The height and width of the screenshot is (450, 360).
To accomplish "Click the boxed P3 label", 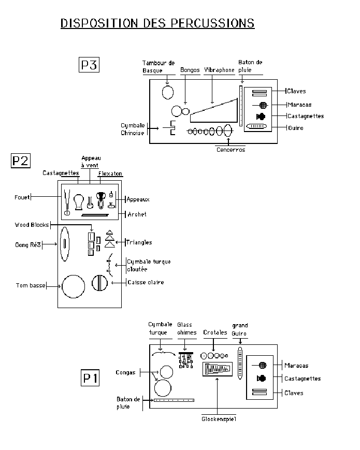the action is click(x=89, y=65).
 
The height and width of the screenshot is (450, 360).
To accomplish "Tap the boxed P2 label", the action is click(x=20, y=161).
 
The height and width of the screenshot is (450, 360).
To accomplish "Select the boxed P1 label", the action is click(x=90, y=378).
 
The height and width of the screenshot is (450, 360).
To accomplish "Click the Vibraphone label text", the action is click(x=219, y=70).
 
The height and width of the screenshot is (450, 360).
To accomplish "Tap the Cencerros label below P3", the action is click(x=231, y=150).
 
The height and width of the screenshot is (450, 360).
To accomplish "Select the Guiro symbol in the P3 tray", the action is click(x=256, y=126).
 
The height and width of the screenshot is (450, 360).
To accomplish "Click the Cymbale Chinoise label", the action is click(x=132, y=129).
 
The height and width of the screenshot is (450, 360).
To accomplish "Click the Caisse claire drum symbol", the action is click(x=99, y=283).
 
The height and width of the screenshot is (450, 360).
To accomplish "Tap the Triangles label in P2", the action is click(x=139, y=242).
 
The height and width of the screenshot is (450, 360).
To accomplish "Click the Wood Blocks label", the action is click(x=32, y=225).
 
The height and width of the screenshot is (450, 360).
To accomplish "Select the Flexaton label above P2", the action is click(x=110, y=173).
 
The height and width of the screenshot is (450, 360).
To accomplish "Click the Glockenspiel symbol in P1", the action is click(x=218, y=369).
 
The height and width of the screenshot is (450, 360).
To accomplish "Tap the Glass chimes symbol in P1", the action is click(x=186, y=360).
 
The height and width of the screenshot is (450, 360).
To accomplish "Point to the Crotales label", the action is click(x=215, y=332).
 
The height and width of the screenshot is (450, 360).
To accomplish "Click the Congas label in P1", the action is click(x=125, y=372).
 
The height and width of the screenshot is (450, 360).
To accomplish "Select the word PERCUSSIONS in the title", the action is click(x=213, y=23).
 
